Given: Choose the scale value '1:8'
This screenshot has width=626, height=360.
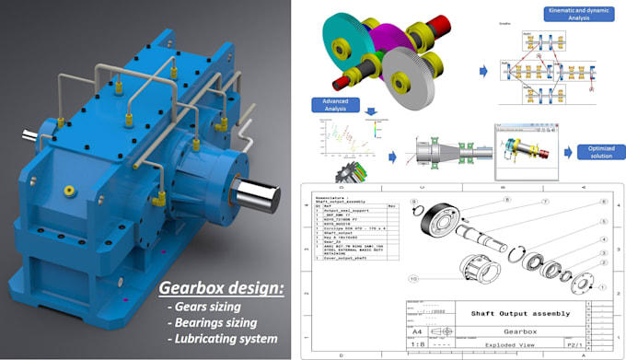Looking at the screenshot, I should coord(417,344).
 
